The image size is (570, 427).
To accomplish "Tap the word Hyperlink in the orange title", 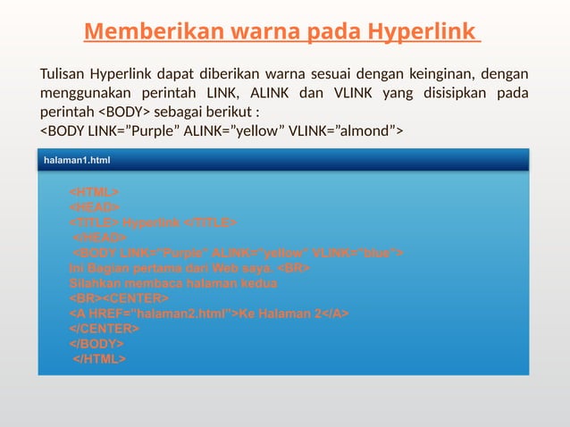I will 421,32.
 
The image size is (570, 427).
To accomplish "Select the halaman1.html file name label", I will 78,160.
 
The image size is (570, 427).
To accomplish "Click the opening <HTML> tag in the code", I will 95,192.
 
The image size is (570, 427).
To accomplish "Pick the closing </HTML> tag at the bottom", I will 99,359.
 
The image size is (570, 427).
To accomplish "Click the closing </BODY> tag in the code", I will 96,344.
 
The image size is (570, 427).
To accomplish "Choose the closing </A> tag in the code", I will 334,314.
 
